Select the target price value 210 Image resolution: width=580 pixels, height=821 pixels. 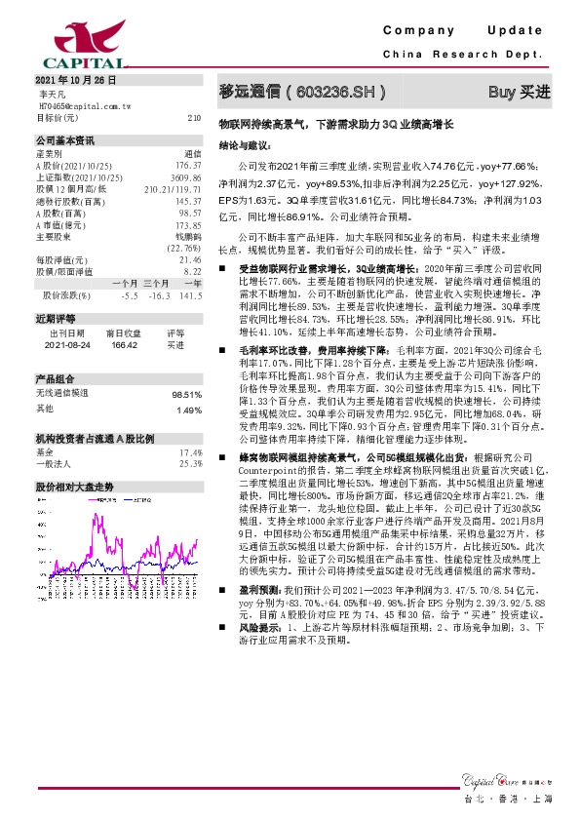coord(194,116)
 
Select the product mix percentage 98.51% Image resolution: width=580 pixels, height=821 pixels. coord(186,395)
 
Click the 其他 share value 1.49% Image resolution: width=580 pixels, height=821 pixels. coord(188,410)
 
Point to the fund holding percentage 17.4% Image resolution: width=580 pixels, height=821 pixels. coord(190,453)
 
